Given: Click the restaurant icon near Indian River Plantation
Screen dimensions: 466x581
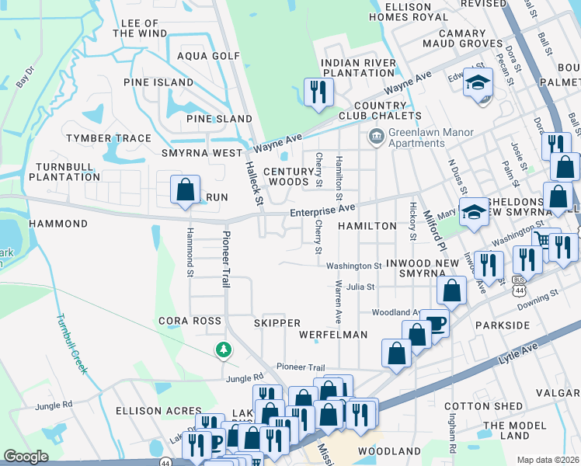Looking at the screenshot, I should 318,92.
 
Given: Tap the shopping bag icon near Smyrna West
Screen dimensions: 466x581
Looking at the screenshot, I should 186,190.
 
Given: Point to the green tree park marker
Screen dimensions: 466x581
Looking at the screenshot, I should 224,351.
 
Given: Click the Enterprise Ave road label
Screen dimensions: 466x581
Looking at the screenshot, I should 322,210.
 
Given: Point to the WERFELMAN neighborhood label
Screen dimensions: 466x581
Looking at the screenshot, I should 332,335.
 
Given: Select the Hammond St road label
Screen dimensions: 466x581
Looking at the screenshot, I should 189,252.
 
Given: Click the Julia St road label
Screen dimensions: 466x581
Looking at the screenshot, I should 360,287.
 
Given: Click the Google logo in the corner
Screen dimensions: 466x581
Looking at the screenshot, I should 26,457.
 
